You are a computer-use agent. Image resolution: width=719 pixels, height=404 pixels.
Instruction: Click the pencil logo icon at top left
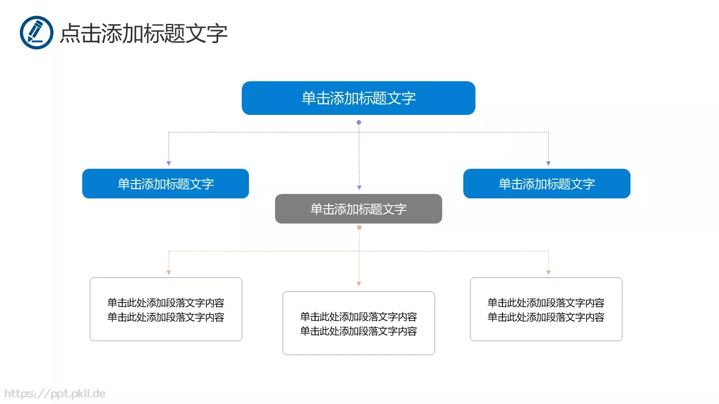coord(36,32)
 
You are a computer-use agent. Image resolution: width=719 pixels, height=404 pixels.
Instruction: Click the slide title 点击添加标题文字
coord(144,34)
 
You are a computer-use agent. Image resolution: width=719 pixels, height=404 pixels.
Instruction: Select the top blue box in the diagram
coord(358,98)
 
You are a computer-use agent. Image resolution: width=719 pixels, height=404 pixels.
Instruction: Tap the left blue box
coord(165,184)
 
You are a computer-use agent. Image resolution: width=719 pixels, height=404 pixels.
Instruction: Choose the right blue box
coord(546,184)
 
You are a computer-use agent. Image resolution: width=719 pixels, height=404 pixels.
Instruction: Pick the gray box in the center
coord(358,209)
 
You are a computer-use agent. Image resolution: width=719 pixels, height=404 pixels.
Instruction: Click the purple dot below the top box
coord(359,122)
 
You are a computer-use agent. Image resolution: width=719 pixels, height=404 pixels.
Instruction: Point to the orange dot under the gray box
coord(359,228)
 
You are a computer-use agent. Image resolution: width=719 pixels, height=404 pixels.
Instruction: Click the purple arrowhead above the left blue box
coord(169,163)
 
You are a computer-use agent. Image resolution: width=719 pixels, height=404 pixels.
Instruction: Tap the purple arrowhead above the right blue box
coord(548,163)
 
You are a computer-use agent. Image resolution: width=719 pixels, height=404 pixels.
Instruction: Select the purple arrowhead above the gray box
coord(359,188)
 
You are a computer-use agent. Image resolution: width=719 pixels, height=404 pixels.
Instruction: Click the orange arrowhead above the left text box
coord(169,272)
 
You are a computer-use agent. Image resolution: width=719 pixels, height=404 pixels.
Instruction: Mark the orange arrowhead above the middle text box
coord(359,284)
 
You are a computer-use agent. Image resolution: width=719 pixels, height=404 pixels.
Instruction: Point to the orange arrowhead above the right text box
coord(548,272)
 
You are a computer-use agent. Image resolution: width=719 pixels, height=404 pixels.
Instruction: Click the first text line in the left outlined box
coord(165,303)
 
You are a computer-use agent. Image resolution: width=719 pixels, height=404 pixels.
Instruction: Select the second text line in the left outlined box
coord(165,317)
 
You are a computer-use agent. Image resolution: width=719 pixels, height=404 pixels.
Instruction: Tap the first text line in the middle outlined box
coord(358,316)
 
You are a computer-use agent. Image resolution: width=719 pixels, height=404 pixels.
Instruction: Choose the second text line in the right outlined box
coord(546,317)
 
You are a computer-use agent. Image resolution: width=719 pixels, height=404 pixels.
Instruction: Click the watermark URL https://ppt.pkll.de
coord(55,394)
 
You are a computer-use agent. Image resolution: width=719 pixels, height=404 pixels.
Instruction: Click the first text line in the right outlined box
coord(546,303)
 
